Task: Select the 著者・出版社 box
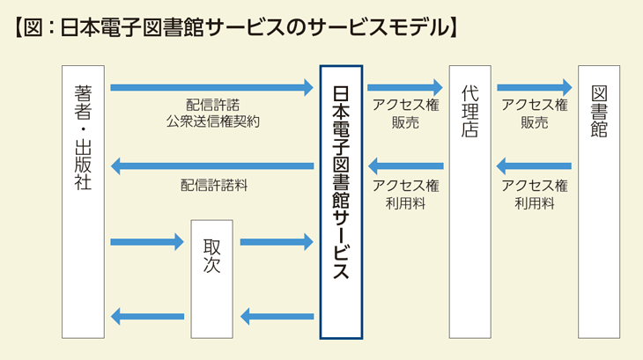coord(84,202)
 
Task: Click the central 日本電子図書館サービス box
coord(341,202)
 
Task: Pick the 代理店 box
coord(469,202)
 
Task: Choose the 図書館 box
coord(599,202)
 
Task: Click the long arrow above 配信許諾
coord(211,87)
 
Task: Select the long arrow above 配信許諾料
coord(211,166)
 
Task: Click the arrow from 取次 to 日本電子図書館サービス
coord(276,241)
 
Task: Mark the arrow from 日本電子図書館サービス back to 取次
coord(276,316)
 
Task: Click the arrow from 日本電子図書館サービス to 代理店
coord(404,87)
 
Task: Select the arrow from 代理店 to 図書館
coord(534,87)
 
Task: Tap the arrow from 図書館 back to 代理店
coord(534,165)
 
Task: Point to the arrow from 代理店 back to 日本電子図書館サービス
coord(404,165)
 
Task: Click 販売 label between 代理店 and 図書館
coord(534,122)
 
